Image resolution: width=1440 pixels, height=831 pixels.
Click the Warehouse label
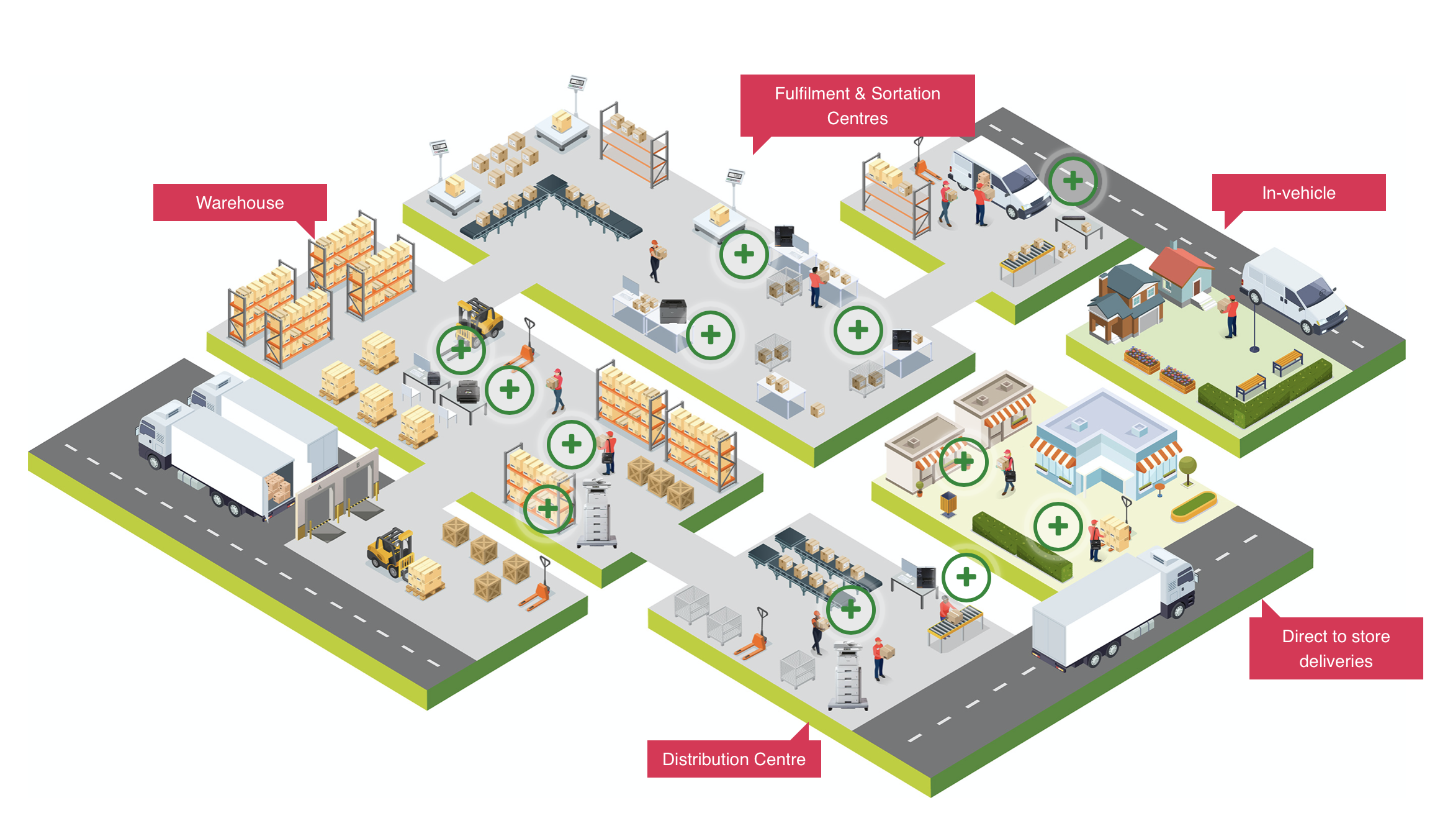pos(240,202)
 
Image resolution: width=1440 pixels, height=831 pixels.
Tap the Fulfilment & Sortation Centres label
pos(857,106)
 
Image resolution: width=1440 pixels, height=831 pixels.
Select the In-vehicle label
pos(1298,193)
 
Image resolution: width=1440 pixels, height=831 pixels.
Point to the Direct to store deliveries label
pos(1336,648)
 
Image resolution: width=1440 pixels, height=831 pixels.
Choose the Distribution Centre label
pos(734,759)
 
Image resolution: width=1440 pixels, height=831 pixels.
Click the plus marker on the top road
pos(1073,181)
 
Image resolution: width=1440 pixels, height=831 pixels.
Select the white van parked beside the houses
pos(1293,291)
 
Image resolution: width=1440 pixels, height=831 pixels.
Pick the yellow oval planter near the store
pos(1193,506)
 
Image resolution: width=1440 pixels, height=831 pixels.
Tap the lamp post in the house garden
pos(1254,321)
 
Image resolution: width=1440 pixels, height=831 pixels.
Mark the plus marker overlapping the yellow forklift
pos(461,350)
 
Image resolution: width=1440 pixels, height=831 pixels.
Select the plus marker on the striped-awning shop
pos(963,461)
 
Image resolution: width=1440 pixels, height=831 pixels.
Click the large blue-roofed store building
pos(1106,442)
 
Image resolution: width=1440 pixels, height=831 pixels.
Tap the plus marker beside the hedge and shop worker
pos(1058,526)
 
